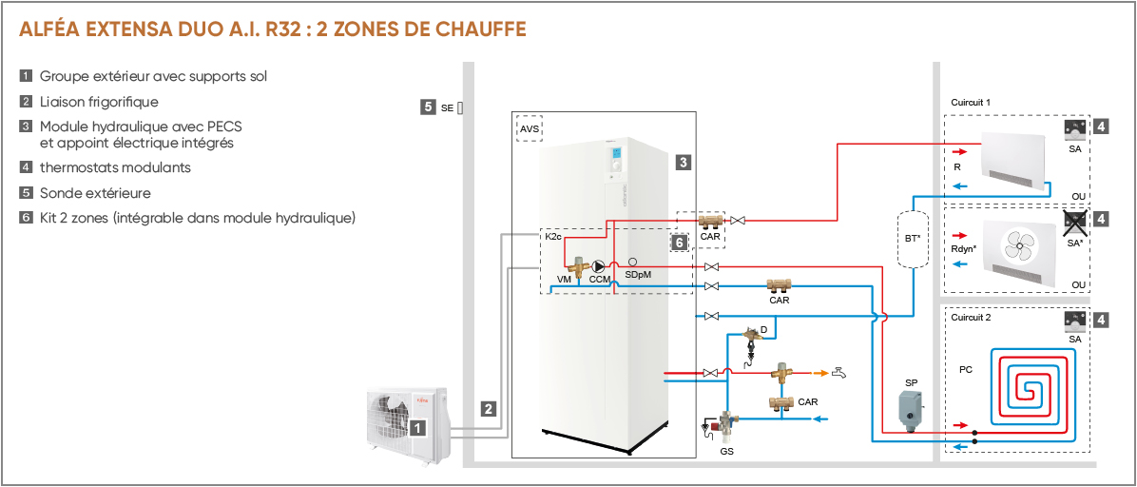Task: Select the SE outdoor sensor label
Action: click(448, 107)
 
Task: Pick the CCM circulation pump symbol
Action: click(599, 266)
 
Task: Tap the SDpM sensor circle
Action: click(633, 262)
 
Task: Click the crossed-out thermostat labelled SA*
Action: click(1075, 223)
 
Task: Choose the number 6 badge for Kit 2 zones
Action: click(679, 243)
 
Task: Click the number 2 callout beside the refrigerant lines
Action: click(490, 409)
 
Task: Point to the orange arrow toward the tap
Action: click(819, 373)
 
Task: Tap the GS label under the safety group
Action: click(726, 451)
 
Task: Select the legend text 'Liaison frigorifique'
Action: click(99, 102)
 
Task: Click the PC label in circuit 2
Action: click(966, 369)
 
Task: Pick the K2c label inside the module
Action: click(552, 236)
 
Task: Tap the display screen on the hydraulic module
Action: click(617, 155)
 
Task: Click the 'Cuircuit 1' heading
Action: click(971, 103)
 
